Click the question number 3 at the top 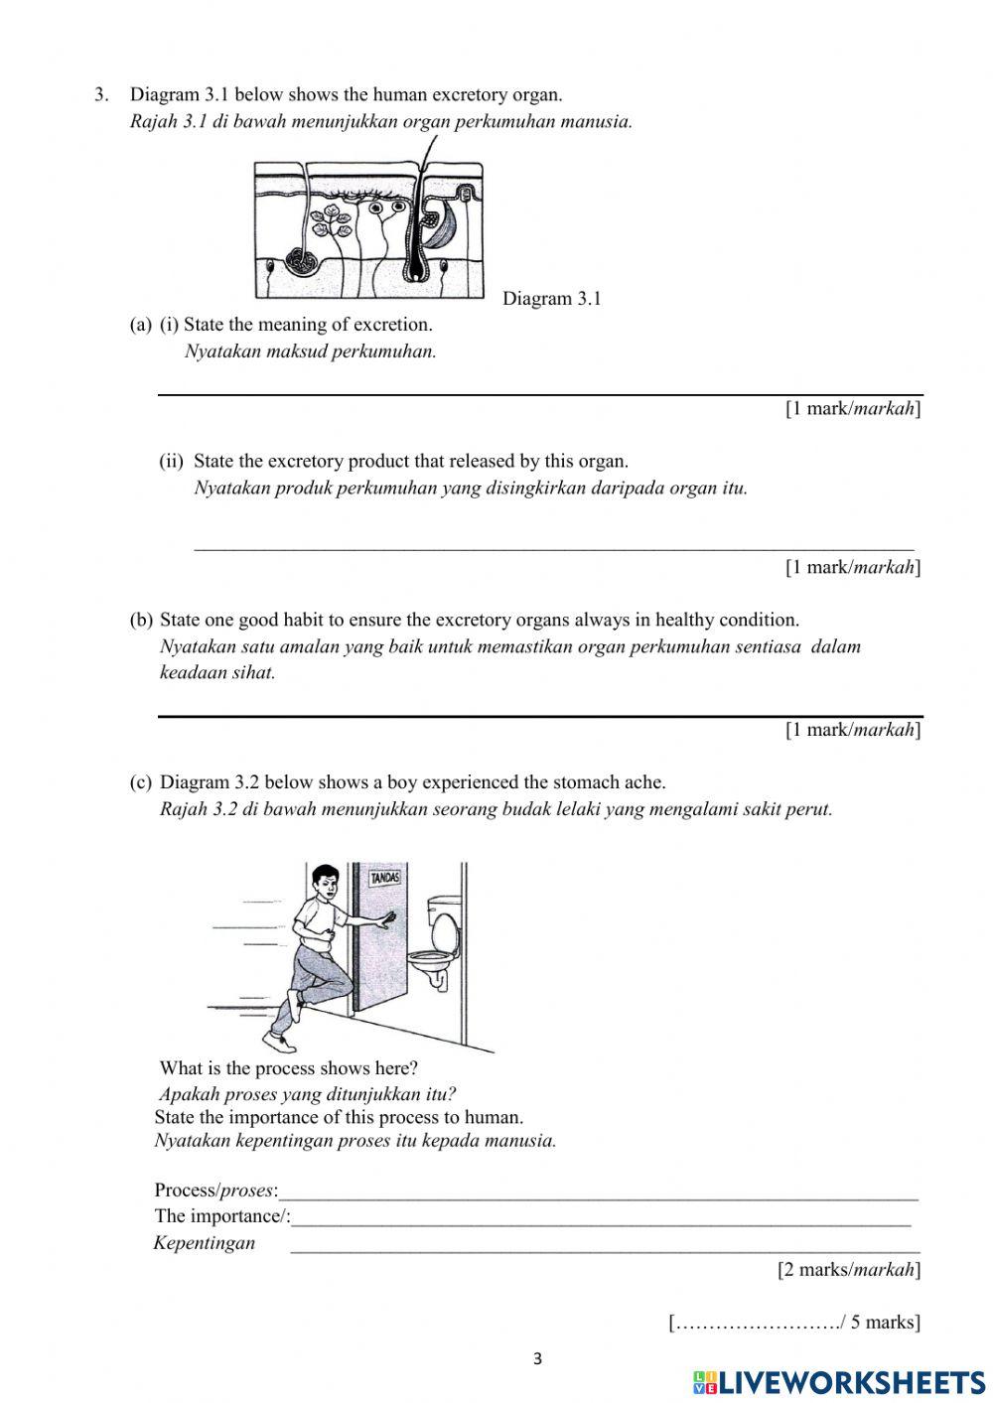coord(100,95)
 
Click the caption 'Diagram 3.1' coord(551,299)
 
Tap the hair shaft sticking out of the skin coord(429,154)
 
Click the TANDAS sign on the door coord(385,878)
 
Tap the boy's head coord(325,883)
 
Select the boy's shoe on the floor coord(280,1042)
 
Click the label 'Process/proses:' coord(215,1191)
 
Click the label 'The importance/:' coord(221,1216)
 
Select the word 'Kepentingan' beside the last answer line coord(205,1243)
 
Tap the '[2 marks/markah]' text coord(849,1269)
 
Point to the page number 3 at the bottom coord(537,1359)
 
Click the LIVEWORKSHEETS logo coord(838,1382)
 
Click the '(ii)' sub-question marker coord(172,461)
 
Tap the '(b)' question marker coord(141,620)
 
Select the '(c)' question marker coord(141,782)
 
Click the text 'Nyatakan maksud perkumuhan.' coord(310,351)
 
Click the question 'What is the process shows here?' coord(288,1068)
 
